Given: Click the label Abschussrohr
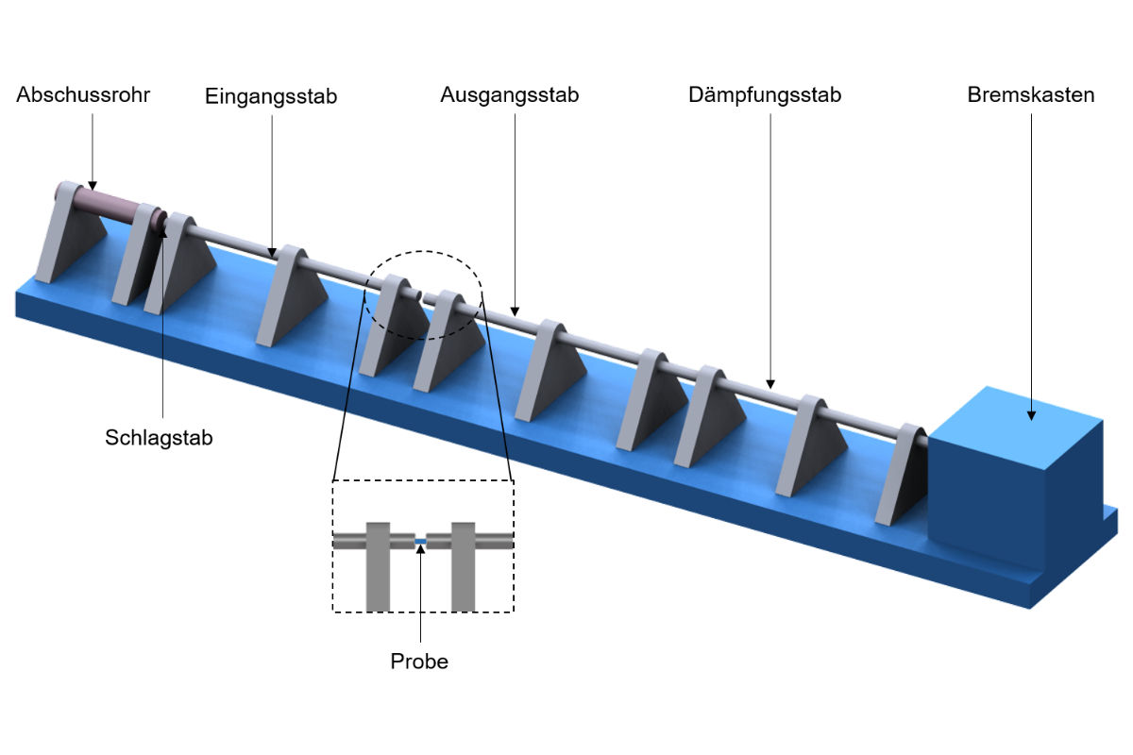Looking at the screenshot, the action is pos(83,95).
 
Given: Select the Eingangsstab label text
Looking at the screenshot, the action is pos(271,97).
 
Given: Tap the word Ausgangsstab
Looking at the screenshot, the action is pos(509,95).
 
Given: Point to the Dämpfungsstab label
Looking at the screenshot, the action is pos(765,95).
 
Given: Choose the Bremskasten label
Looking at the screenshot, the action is pos(1031,95).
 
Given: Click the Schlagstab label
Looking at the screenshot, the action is pos(159,438).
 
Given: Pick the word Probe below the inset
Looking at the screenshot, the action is pos(419,662).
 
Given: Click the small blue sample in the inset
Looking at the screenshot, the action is pos(420,542).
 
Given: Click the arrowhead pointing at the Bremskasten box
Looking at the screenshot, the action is pos(1031,415).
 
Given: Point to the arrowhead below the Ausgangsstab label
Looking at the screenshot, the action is pos(515,311).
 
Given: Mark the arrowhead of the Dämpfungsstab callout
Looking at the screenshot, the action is pos(770,384).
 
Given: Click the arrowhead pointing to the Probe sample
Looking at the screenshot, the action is pos(420,549).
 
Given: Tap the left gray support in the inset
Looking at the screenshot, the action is pos(378,566).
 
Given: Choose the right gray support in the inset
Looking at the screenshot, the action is pos(463,566).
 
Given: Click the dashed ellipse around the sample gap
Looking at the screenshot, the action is pos(423,251).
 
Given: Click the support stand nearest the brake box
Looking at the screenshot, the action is pos(903,476).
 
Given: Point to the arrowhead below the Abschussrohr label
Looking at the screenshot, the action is pos(93,186).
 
